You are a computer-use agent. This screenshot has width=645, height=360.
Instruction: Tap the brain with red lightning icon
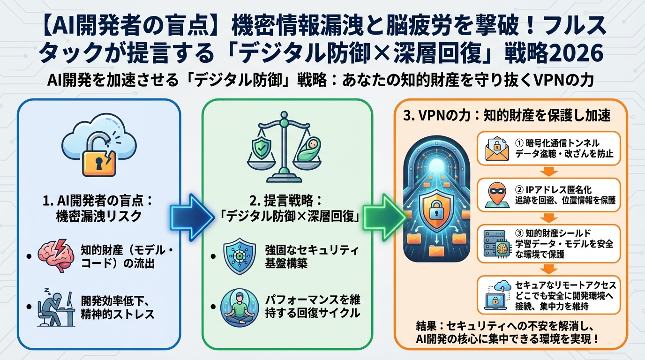tap(57, 256)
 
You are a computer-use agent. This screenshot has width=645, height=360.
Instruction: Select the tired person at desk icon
tap(56, 308)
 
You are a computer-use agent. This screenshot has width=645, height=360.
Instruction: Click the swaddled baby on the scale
tap(308, 150)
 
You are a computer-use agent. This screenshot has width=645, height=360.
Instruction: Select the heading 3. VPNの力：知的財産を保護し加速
tap(507, 116)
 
